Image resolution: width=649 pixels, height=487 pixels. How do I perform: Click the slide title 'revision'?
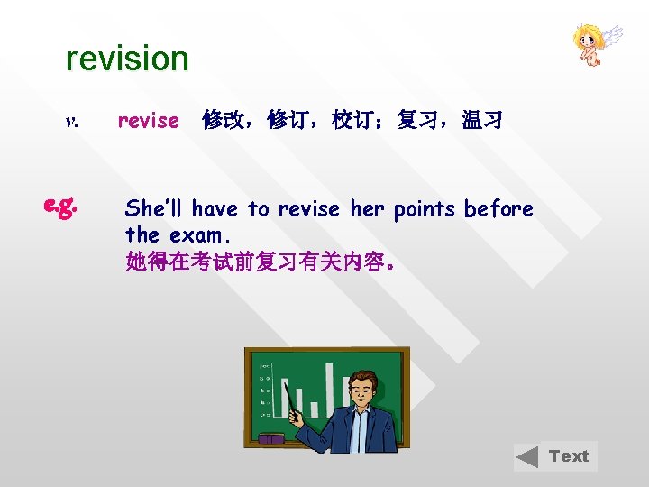(x=127, y=60)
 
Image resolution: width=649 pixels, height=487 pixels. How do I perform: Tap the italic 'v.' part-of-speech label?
(x=72, y=121)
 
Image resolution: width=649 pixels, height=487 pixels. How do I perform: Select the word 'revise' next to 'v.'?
(x=149, y=121)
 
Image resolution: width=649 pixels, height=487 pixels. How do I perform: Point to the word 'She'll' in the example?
(x=155, y=209)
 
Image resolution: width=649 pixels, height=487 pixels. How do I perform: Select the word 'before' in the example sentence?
(x=498, y=209)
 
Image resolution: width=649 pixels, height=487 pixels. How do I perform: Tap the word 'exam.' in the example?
(x=199, y=235)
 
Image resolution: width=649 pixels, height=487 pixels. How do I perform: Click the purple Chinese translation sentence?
(x=260, y=262)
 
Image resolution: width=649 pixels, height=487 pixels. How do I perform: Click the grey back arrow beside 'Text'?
(x=529, y=457)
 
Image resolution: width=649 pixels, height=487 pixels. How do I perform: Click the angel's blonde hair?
(x=587, y=33)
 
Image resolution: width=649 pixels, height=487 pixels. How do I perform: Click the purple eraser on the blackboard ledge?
(x=270, y=439)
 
